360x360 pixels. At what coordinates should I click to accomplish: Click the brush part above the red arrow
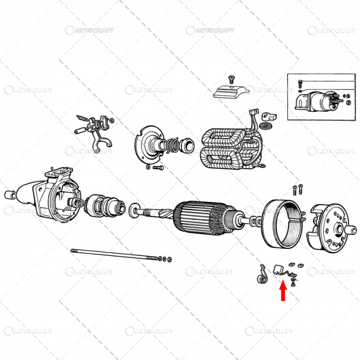click(x=279, y=268)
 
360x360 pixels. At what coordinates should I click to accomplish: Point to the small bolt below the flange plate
click(x=157, y=168)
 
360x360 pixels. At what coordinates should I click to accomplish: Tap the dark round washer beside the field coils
click(x=266, y=126)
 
